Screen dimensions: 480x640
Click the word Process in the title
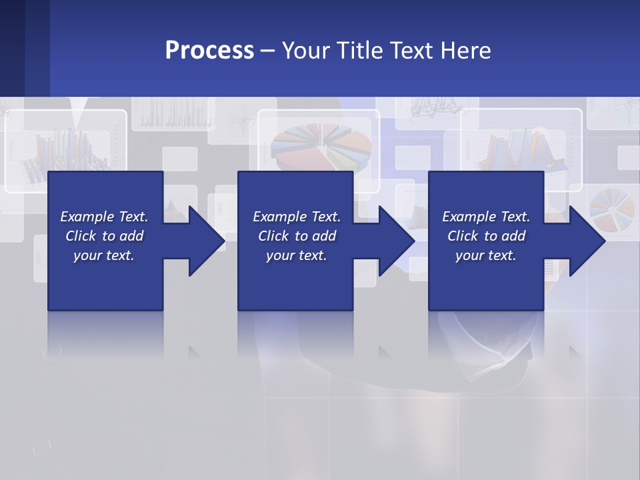pos(209,50)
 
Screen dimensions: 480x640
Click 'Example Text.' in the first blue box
pos(104,217)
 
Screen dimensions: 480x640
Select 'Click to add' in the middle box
pos(297,236)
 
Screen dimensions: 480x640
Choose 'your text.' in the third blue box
pos(485,255)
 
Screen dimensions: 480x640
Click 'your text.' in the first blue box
pos(104,255)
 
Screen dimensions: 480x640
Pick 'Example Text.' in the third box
pos(485,217)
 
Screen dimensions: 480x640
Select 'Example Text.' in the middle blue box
pos(297,217)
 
